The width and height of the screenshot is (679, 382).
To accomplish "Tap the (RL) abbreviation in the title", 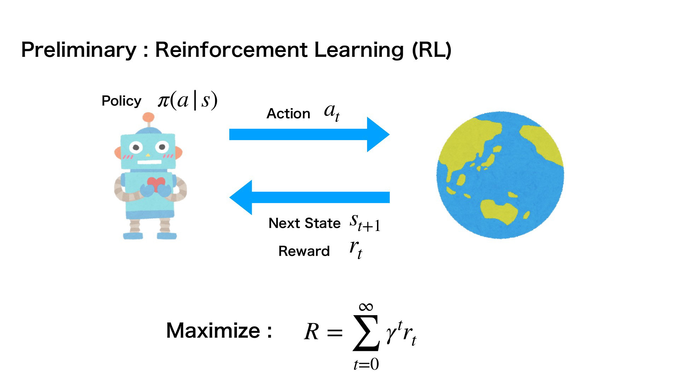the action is (x=432, y=50).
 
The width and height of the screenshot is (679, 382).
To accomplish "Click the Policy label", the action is (x=121, y=101).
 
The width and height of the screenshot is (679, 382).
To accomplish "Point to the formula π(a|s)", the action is (x=187, y=100).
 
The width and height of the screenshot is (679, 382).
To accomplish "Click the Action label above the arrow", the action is (x=288, y=114).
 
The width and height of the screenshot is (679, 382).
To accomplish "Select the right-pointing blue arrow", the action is (x=309, y=134).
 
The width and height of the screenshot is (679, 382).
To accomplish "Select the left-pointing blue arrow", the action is (x=309, y=197).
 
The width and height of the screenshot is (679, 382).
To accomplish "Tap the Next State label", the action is (x=304, y=223).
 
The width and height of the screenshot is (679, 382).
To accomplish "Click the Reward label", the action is (x=304, y=251).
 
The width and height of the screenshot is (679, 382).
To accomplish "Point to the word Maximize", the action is (x=213, y=331).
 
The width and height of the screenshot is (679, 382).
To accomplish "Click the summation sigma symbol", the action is (x=366, y=333).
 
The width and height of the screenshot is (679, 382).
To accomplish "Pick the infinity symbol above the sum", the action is (x=366, y=306).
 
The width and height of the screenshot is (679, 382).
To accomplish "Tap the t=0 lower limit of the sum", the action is (x=366, y=364).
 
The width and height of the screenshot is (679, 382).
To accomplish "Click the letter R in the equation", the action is (x=312, y=332).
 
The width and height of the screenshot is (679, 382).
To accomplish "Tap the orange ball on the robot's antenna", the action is (x=149, y=117).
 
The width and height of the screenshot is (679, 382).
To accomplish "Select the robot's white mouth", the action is (x=149, y=162).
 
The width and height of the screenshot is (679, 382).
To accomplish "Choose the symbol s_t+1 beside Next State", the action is (x=365, y=223).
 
